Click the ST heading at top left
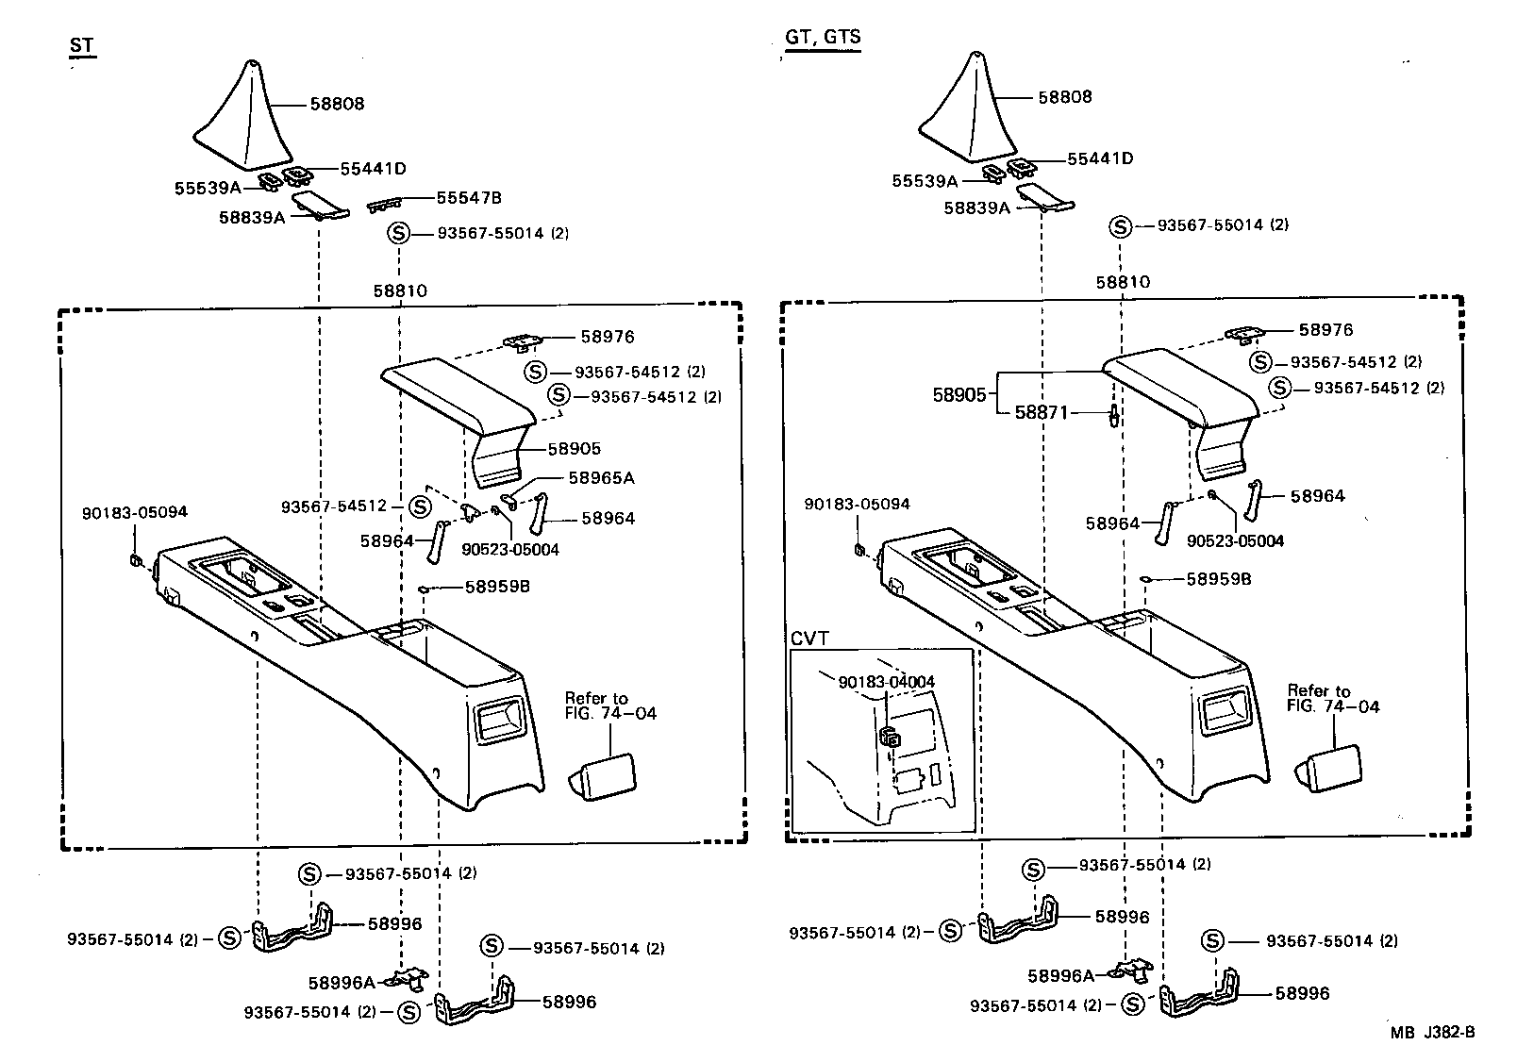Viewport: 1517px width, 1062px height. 84,47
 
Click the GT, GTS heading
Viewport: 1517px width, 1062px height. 822,38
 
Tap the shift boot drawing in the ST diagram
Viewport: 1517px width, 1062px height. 250,118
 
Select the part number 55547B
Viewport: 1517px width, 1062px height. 468,198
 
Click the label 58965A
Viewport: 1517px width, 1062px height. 601,478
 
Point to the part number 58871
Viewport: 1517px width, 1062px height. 1042,413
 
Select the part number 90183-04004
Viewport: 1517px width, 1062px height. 886,682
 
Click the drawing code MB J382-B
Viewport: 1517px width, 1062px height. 1431,1032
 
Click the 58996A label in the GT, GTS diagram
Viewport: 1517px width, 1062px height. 1060,976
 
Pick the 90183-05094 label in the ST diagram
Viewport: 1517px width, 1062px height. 135,512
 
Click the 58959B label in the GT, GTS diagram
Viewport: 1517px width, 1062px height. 1218,579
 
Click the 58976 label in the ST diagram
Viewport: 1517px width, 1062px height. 607,337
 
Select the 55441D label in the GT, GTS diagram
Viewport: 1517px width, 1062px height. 1100,158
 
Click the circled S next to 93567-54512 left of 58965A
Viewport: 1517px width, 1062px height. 421,506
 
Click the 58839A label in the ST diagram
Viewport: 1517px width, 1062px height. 252,217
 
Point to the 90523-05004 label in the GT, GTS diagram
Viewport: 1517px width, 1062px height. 1235,541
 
